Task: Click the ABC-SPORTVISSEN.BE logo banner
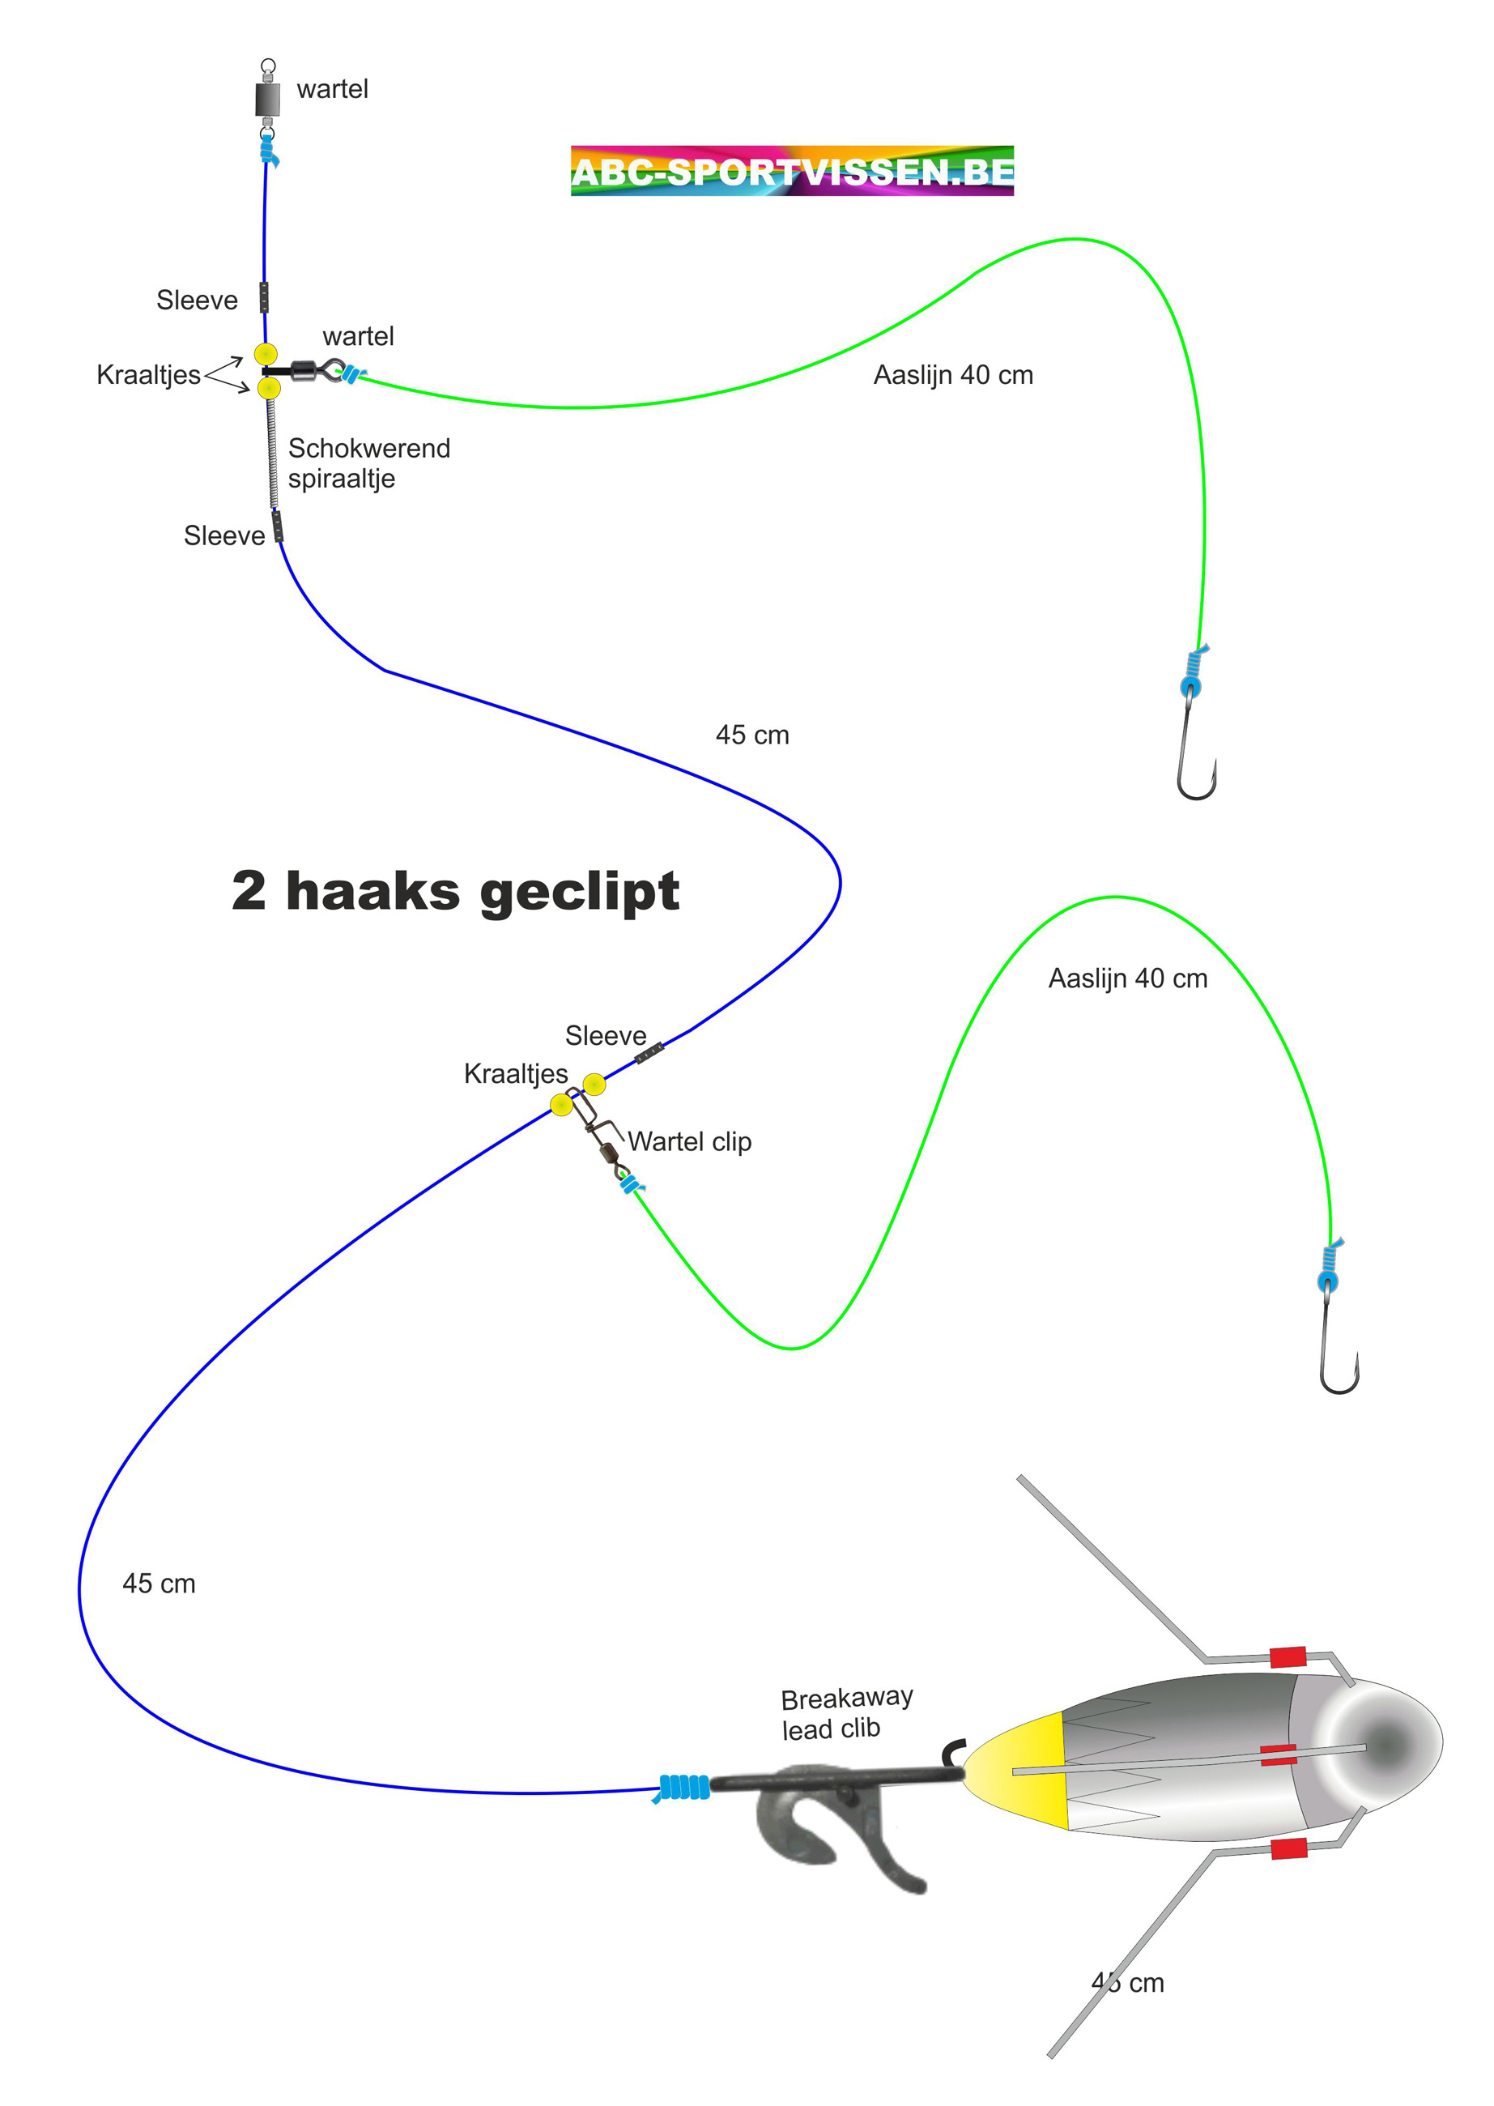(791, 171)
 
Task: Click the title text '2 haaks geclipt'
(455, 891)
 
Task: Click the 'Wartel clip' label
(689, 1142)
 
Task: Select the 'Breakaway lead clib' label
(845, 1713)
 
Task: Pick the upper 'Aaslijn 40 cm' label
(953, 375)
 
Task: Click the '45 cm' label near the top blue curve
(751, 735)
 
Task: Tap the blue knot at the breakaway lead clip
(683, 1787)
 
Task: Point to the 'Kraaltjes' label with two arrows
(148, 374)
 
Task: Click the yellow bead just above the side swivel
(266, 354)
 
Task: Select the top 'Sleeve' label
(197, 300)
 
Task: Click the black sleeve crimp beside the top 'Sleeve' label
(264, 297)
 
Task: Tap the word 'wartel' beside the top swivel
(332, 89)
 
